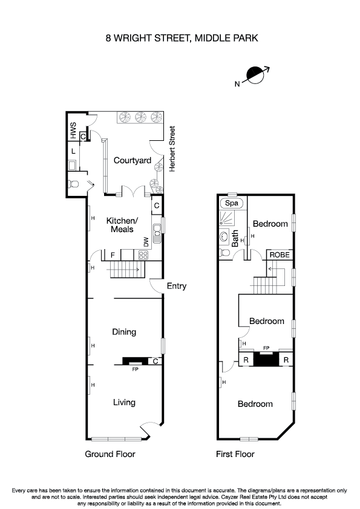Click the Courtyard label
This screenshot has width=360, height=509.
[132, 160]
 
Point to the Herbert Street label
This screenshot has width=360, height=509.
[172, 149]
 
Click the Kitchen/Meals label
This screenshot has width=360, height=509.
[122, 225]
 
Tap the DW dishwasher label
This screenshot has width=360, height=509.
[146, 241]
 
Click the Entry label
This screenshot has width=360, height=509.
[177, 286]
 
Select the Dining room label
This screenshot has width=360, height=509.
[124, 332]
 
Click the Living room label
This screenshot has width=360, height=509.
[123, 403]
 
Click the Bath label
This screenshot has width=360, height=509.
[236, 239]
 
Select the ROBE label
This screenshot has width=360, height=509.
[280, 255]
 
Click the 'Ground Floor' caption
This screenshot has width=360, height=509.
[110, 454]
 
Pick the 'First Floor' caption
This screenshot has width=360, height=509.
[235, 454]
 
